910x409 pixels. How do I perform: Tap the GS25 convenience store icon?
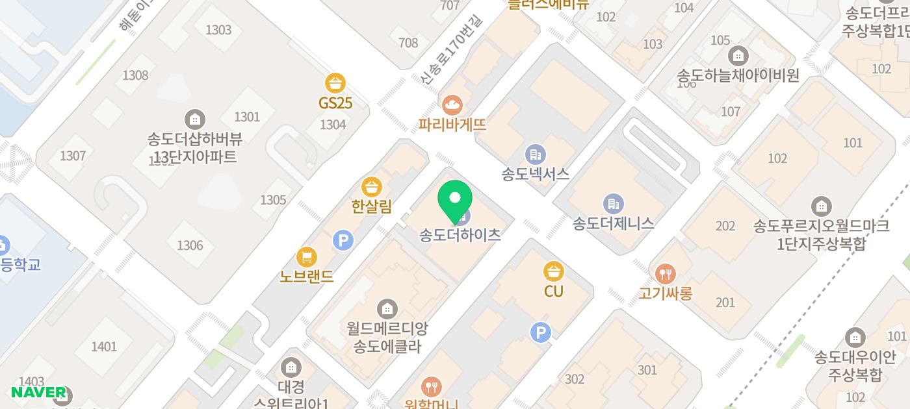pyautogui.click(x=335, y=84)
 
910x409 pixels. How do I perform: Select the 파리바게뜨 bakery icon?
pyautogui.click(x=452, y=104)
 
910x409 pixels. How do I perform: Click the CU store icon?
pyautogui.click(x=553, y=271)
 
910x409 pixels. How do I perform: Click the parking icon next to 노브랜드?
pyautogui.click(x=343, y=241)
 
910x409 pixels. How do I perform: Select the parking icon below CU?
pyautogui.click(x=540, y=333)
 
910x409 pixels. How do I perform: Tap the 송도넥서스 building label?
pyautogui.click(x=536, y=174)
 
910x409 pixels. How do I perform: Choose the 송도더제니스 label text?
pyautogui.click(x=613, y=224)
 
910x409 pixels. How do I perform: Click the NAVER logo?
pyautogui.click(x=38, y=392)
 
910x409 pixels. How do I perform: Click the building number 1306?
pyautogui.click(x=190, y=245)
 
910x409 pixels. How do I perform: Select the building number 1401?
pyautogui.click(x=104, y=347)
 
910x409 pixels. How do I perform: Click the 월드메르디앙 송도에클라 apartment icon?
pyautogui.click(x=387, y=308)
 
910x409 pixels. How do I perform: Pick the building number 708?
pyautogui.click(x=408, y=43)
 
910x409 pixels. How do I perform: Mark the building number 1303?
pyautogui.click(x=218, y=30)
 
